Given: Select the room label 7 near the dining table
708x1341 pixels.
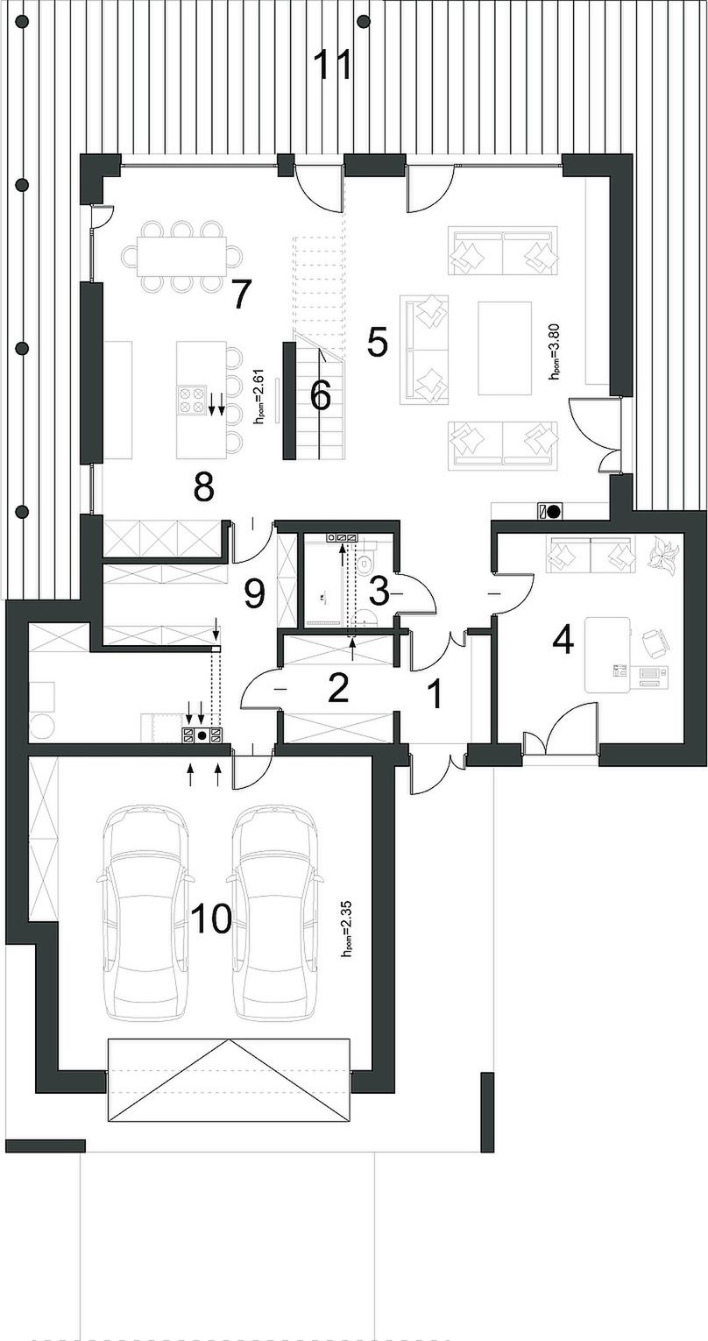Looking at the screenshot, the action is pos(239,294).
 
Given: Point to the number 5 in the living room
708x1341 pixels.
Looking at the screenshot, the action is pos(378,343).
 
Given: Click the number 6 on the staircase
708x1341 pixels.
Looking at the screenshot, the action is pos(321,395).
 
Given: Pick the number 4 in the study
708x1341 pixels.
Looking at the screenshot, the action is pos(563,641).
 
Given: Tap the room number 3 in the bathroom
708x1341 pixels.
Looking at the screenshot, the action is pos(379,592).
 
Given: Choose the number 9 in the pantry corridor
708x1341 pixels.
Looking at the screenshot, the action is pos(254,593).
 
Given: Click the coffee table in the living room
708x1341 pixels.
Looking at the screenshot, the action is pos(505,348).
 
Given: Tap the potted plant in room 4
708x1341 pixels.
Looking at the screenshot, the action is pos(663,554).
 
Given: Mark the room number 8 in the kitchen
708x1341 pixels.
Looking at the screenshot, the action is pos(203,486).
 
